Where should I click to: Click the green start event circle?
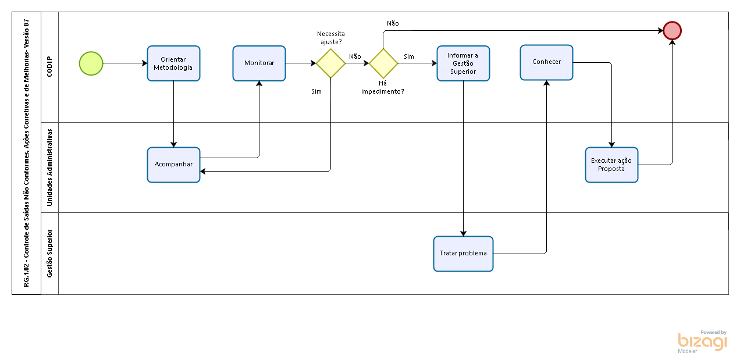coord(91,63)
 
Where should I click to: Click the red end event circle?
coord(673,31)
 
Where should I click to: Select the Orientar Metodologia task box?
coord(173,63)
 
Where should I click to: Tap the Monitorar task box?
coord(259,63)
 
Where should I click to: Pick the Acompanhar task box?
coord(173,165)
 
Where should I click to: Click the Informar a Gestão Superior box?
coord(463,63)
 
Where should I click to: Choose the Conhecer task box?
coord(546,62)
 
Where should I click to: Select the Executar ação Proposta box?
coord(611,165)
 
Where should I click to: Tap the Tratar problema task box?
coord(463,254)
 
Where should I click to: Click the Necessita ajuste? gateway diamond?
coord(330,63)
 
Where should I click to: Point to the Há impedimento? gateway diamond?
coord(383,63)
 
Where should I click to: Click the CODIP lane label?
coord(49,67)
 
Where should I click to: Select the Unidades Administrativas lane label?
coord(49,167)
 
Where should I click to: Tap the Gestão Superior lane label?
coord(49,254)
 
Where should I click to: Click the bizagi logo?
coord(702,342)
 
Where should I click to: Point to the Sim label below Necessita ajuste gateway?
coord(316,91)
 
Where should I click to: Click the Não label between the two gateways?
coord(355,56)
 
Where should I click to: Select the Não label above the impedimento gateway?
coord(393,23)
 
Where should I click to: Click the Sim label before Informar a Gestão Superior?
coord(408,56)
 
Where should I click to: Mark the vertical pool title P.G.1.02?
coord(26,153)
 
